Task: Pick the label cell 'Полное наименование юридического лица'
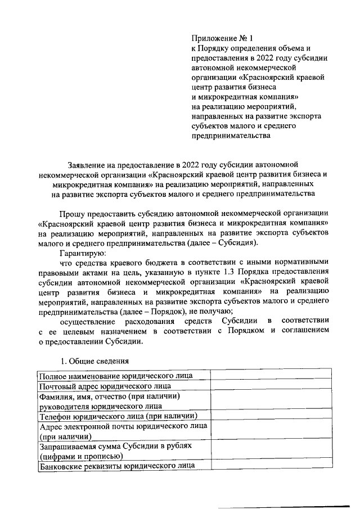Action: (x=115, y=375)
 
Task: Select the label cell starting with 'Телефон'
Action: (x=117, y=417)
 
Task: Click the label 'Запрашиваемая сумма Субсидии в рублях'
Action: (x=115, y=446)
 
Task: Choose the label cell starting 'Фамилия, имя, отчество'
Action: (x=110, y=397)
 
